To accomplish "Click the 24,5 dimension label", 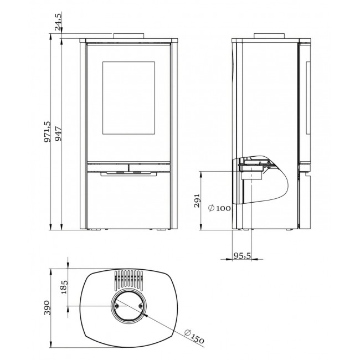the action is pyautogui.click(x=58, y=22).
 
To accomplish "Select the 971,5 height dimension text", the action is pyautogui.click(x=47, y=132).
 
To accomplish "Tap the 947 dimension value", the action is pyautogui.click(x=58, y=133).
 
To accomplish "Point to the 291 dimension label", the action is pyautogui.click(x=197, y=200).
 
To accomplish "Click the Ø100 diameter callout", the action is pyautogui.click(x=219, y=208).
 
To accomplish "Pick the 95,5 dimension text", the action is pyautogui.click(x=242, y=255).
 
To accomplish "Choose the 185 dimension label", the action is pyautogui.click(x=64, y=287).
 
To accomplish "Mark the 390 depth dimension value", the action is pyautogui.click(x=47, y=307).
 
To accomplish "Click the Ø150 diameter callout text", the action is pyautogui.click(x=194, y=336).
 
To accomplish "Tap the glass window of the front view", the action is pyautogui.click(x=128, y=98).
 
